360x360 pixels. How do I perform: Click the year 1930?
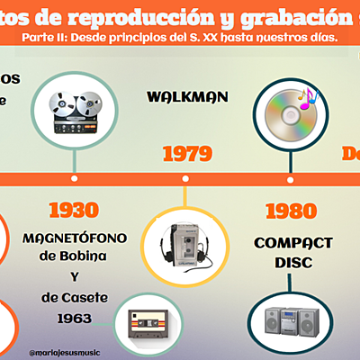(x=74, y=210)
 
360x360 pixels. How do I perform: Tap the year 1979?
(x=186, y=154)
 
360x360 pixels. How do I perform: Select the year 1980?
(x=292, y=211)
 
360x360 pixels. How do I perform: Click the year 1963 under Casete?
(x=75, y=318)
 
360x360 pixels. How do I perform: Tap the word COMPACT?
(x=293, y=242)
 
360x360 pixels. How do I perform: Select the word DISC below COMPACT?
(x=293, y=262)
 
